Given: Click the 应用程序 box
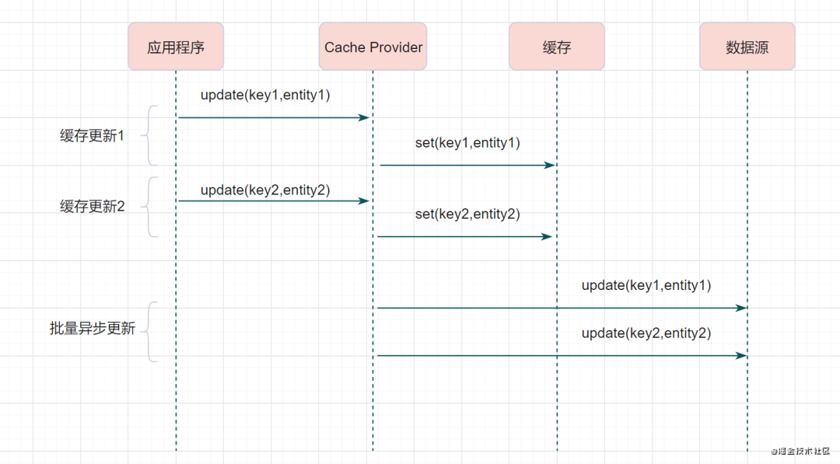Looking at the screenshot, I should point(176,47).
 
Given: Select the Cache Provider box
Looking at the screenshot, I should point(373,47).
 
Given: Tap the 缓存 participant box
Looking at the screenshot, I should point(557,47).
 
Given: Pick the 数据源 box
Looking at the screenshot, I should point(747,47).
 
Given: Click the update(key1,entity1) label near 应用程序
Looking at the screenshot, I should point(265,95).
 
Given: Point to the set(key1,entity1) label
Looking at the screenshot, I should point(467,142).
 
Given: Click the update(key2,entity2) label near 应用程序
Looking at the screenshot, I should point(265,190).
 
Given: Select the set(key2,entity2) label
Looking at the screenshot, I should point(467,214).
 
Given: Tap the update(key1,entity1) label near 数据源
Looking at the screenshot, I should point(646,285).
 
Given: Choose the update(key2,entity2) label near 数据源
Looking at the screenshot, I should point(646,333).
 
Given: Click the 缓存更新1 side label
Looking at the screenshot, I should point(92,136).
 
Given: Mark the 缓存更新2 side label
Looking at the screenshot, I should point(92,207).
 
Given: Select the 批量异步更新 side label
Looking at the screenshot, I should point(92,329).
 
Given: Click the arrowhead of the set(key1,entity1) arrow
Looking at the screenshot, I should point(551,165).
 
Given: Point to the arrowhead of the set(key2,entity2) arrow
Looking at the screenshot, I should point(548,236).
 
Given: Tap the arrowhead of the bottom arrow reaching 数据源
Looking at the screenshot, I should point(742,355).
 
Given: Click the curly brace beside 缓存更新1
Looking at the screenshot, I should point(151,135).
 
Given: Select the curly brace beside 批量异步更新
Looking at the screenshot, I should point(151,331).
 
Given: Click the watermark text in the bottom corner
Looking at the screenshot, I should point(800,451).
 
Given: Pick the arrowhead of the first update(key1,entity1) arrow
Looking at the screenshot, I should point(365,117).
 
